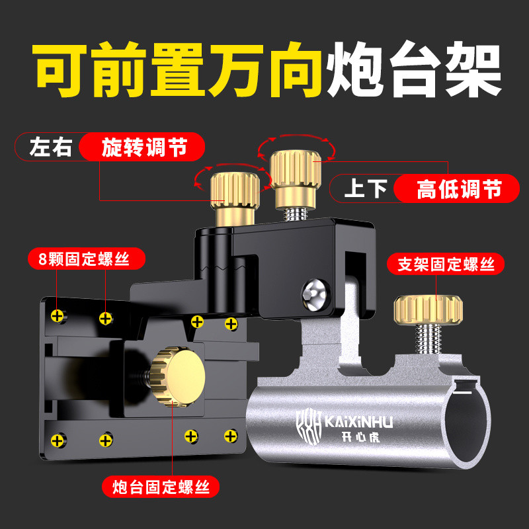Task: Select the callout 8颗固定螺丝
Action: click(87, 259)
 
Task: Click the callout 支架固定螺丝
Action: click(446, 264)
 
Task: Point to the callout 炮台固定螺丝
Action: click(161, 487)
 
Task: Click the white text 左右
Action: click(51, 147)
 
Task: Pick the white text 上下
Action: click(366, 188)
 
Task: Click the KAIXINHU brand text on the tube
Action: click(358, 422)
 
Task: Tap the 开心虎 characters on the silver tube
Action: click(360, 437)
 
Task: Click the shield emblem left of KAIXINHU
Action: click(309, 426)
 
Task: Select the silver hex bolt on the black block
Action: click(315, 294)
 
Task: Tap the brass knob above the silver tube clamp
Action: click(428, 309)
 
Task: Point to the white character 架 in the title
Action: click(473, 69)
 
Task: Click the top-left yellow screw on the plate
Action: click(58, 316)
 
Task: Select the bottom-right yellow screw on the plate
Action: click(231, 436)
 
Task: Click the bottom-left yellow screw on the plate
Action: click(58, 440)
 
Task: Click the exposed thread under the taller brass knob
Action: click(295, 214)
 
